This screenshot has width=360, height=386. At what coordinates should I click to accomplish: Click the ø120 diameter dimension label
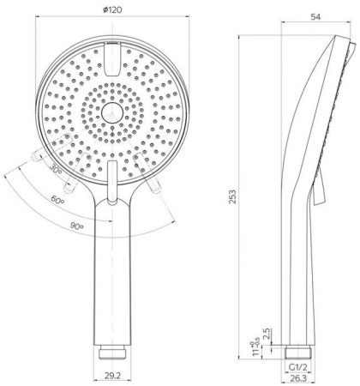(112, 9)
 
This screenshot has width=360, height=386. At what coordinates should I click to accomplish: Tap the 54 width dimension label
(315, 17)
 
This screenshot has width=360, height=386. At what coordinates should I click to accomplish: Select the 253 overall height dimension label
(233, 196)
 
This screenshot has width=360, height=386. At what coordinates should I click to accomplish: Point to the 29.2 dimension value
(112, 376)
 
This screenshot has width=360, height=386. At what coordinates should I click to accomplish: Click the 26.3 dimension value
(297, 378)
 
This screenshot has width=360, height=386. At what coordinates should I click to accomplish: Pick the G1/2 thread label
(297, 368)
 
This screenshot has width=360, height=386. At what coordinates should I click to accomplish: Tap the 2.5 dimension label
(266, 334)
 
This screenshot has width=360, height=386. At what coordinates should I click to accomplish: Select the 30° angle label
(56, 168)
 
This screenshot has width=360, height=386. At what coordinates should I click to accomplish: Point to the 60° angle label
(57, 199)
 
